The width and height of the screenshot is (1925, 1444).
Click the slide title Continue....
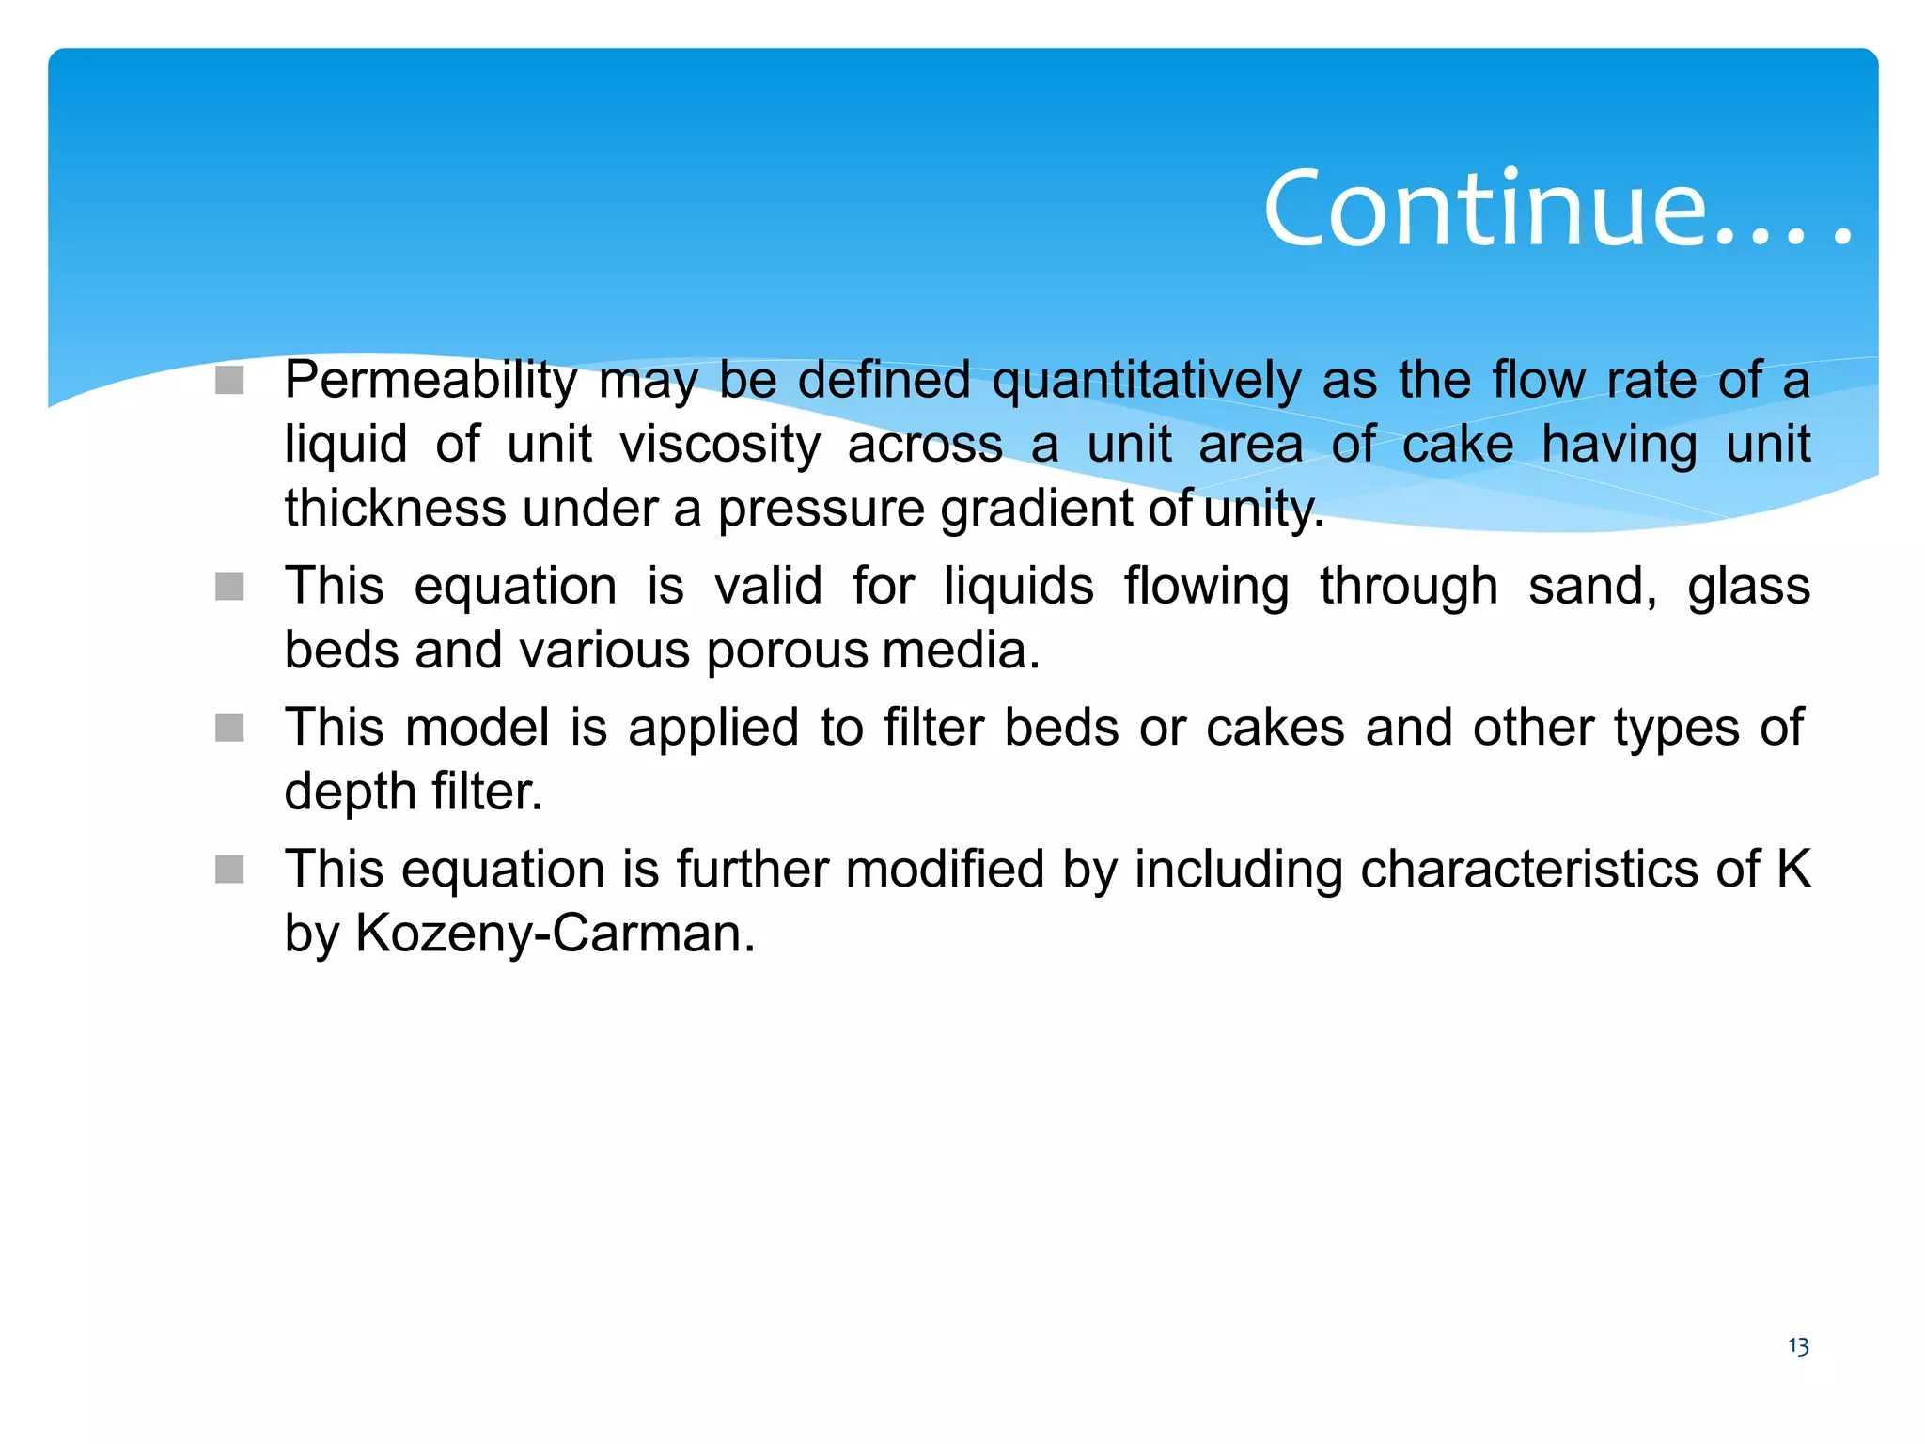pos(1556,209)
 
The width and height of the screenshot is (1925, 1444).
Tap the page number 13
pos(1798,1346)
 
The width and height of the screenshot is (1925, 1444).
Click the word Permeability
pos(430,381)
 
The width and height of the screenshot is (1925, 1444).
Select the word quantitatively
pos(1147,381)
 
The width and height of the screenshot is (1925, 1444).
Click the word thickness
pos(396,508)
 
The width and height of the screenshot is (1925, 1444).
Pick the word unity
pos(1263,508)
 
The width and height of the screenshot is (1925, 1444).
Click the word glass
pos(1748,586)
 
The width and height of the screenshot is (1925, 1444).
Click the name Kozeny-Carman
pos(555,934)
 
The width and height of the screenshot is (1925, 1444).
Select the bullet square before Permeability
pos(229,381)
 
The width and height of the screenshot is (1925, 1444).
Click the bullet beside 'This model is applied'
pos(229,728)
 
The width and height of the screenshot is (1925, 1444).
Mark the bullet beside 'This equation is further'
pos(229,869)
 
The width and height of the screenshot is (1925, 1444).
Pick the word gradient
pos(1038,508)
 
